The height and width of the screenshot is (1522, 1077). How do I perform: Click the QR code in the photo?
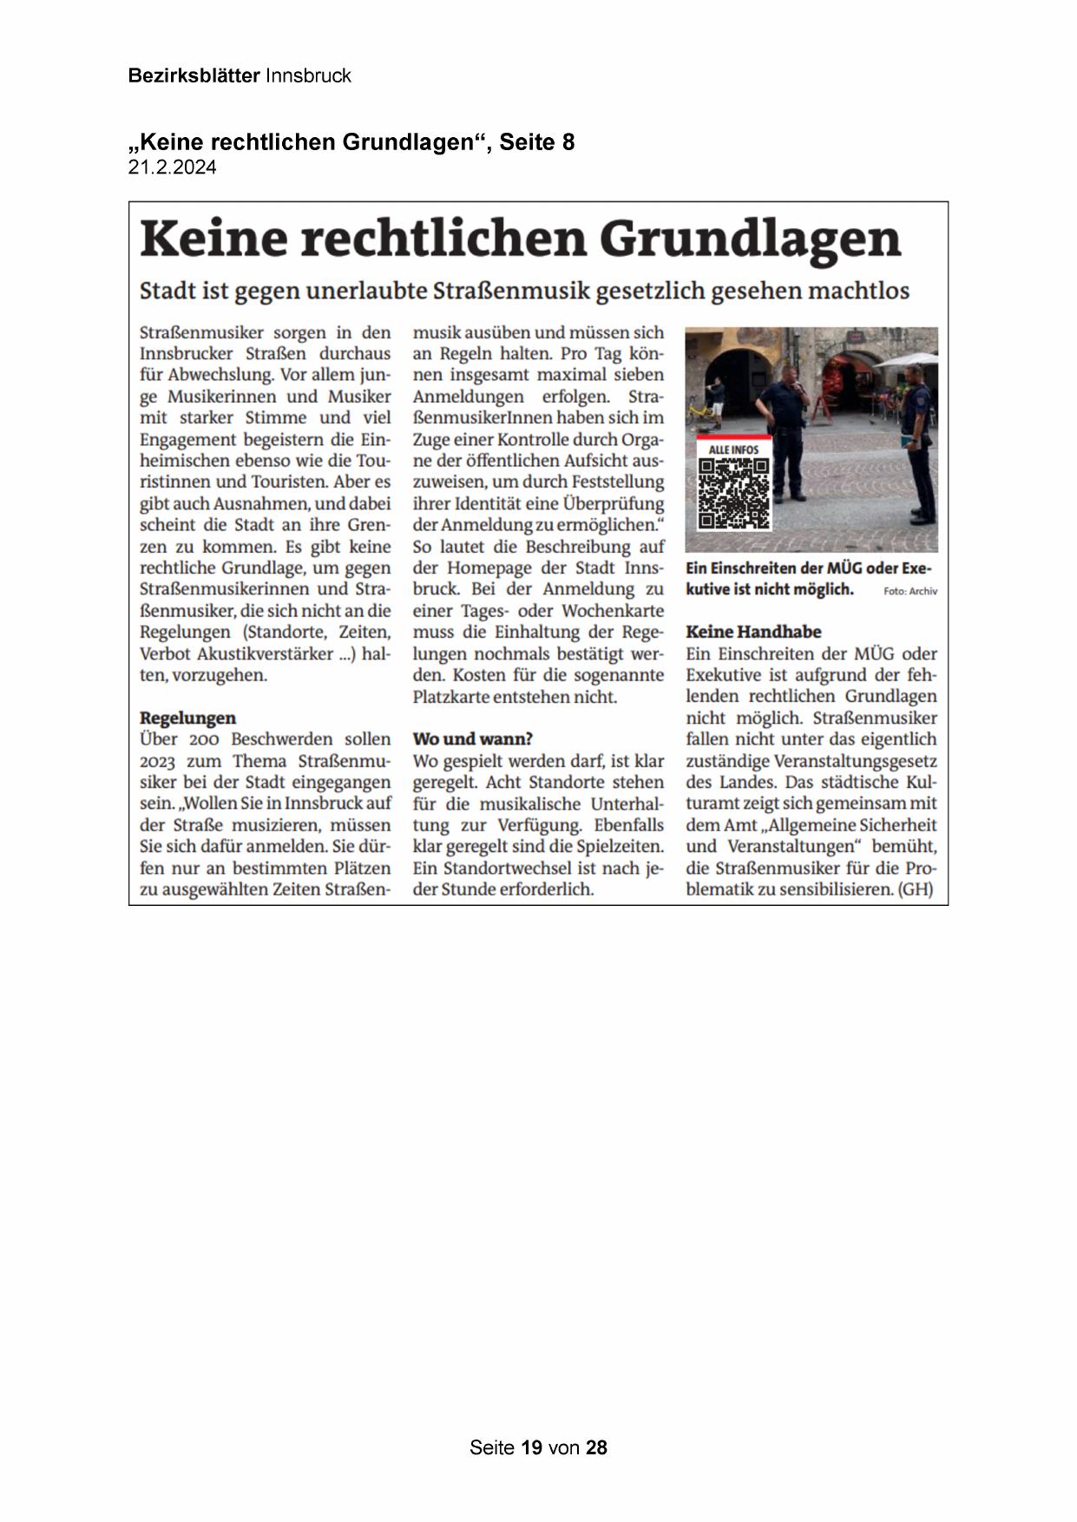pos(733,493)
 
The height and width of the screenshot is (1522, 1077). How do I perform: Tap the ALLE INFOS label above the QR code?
pos(733,449)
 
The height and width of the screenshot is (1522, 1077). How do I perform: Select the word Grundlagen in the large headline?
pos(750,238)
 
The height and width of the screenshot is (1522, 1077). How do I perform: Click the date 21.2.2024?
pos(172,167)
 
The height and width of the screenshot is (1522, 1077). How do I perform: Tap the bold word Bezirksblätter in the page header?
pos(194,75)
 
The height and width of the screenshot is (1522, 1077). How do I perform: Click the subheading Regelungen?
pos(187,718)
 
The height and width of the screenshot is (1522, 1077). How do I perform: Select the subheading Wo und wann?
pos(472,738)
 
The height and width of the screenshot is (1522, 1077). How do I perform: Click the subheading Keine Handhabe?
pos(752,632)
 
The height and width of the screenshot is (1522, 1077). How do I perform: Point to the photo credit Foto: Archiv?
pos(910,592)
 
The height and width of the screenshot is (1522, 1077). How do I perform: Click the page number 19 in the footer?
pos(532,1447)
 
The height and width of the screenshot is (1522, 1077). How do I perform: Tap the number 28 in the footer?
pos(596,1447)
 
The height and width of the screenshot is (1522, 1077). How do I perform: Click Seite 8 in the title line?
pos(537,142)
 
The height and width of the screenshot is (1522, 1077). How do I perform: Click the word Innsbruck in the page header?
pos(308,75)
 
